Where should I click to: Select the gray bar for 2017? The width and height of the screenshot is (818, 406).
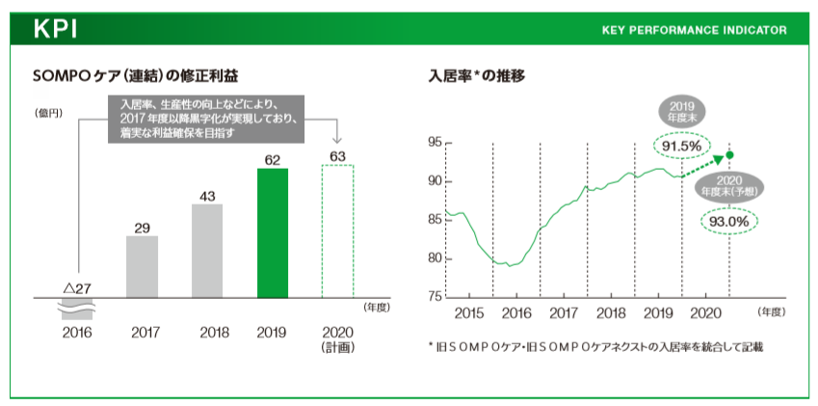click(142, 267)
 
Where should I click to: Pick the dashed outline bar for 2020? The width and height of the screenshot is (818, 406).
click(337, 231)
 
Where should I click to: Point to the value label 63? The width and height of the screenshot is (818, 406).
click(337, 155)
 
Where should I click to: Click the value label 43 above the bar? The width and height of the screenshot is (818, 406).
click(207, 196)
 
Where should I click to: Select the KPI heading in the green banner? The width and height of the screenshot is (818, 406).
click(56, 29)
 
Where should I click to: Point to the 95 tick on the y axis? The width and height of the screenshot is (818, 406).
click(434, 143)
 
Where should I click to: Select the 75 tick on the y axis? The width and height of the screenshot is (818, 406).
click(434, 296)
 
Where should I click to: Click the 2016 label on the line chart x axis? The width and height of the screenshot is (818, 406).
click(516, 313)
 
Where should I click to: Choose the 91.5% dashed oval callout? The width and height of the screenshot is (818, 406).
click(681, 145)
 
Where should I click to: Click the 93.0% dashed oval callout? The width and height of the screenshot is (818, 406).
click(728, 221)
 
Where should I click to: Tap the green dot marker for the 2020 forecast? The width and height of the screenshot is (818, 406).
click(729, 154)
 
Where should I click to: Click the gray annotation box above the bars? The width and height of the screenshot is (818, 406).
click(204, 119)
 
